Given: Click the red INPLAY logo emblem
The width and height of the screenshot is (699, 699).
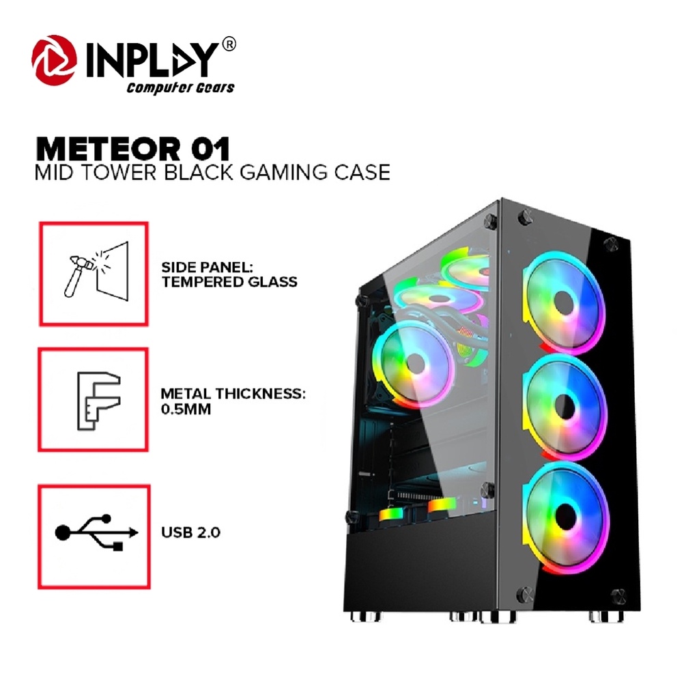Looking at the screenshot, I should coord(54,59).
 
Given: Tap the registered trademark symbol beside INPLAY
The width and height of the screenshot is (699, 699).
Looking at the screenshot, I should coord(230,45).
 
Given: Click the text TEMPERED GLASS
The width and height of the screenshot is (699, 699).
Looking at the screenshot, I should coord(229,281).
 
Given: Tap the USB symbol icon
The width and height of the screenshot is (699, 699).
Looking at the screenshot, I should coord(93,536).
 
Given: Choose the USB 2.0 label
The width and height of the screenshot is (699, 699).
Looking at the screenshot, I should coord(190,532).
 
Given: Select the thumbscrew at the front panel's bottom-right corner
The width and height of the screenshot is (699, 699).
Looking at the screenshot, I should coord(619,595).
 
